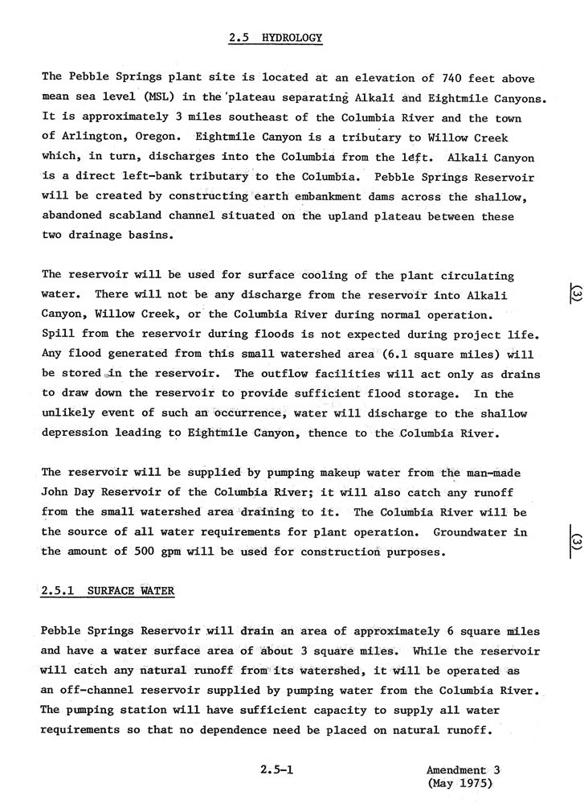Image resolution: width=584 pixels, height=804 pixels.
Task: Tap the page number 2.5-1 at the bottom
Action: pyautogui.click(x=276, y=769)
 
